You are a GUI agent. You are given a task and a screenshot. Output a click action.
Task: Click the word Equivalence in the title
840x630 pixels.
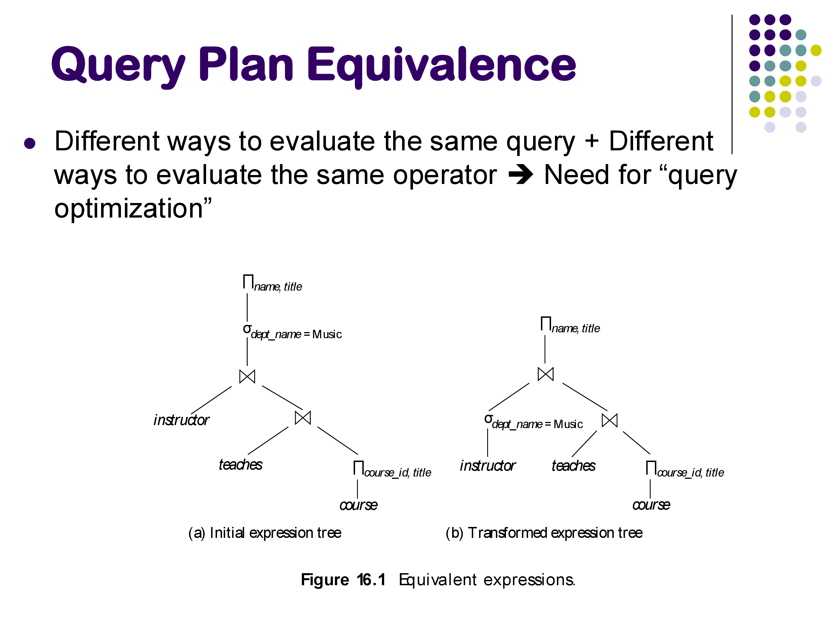pos(441,65)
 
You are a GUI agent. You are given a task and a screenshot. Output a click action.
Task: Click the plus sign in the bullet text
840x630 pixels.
pos(592,141)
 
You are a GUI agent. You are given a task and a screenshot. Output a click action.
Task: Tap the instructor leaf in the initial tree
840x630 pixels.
pos(181,420)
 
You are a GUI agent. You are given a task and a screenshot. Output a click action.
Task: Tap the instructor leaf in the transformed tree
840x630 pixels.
pos(487,466)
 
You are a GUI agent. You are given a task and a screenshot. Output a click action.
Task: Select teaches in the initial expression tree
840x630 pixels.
pos(240,465)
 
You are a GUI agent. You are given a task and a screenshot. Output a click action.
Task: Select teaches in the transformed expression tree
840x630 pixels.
pos(573,466)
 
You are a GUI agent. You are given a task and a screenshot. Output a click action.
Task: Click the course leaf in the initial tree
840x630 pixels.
pos(358,505)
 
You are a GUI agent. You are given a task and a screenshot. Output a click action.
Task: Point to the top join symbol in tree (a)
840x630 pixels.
pos(247,376)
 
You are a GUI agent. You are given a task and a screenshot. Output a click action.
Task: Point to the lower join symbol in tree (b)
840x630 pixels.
pos(610,420)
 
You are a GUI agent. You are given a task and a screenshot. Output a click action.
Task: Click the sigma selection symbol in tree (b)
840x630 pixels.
pos(488,419)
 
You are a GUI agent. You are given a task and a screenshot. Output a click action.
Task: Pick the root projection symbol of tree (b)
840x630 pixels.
pos(546,324)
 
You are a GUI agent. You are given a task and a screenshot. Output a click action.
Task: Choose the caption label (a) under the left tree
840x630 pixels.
pos(197,533)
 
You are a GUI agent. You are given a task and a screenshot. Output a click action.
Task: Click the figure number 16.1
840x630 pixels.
pos(371,580)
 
